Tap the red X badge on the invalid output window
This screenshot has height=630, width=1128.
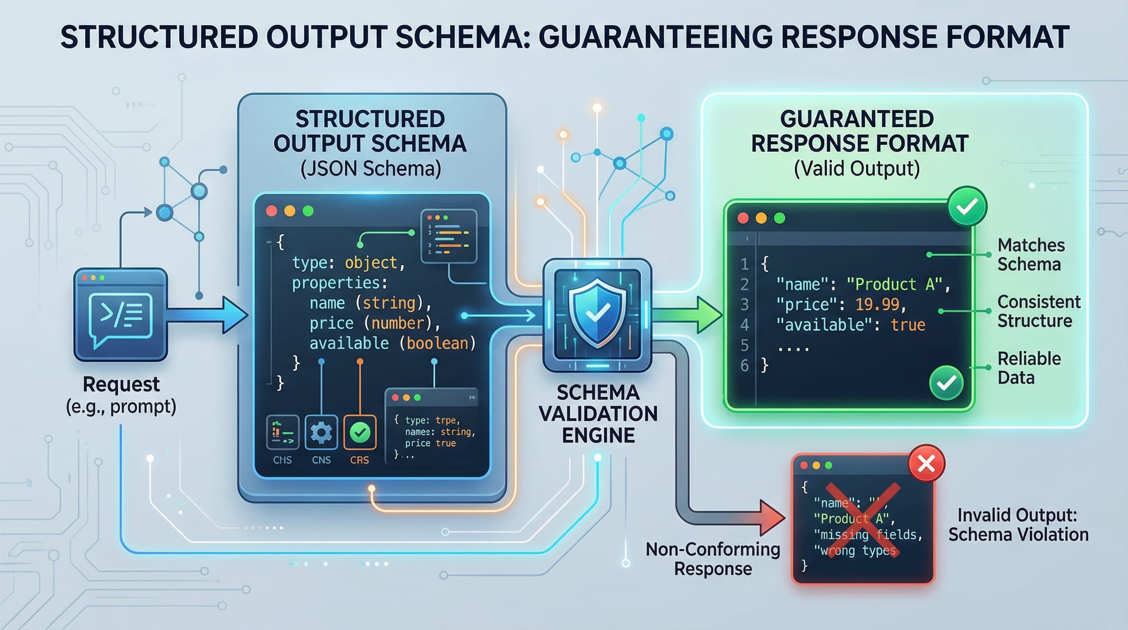(x=926, y=463)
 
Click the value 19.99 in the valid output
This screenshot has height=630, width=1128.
(x=877, y=305)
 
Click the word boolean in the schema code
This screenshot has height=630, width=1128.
(x=438, y=343)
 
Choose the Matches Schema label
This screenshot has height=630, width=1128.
(x=1030, y=255)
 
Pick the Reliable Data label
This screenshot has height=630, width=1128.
(x=1029, y=368)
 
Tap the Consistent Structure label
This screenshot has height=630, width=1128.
(x=1038, y=311)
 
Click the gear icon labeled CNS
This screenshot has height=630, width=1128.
(x=321, y=433)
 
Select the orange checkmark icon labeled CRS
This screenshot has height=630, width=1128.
(x=359, y=433)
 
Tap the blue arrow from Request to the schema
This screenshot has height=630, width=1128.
(x=209, y=315)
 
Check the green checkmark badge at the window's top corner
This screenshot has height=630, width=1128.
(x=967, y=207)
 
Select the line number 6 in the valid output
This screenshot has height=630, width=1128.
(x=744, y=365)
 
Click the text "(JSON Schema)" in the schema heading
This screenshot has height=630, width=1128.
(x=371, y=169)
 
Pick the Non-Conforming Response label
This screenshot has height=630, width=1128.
(x=713, y=559)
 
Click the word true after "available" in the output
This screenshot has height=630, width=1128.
(x=908, y=325)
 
